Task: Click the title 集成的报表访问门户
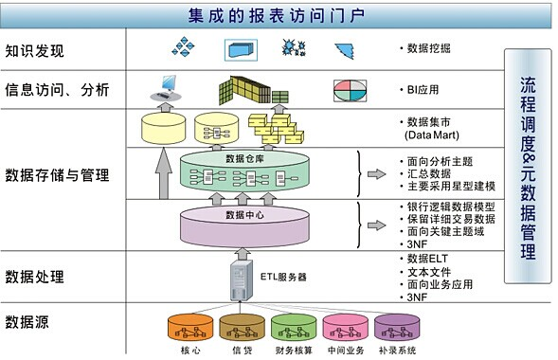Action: (x=278, y=14)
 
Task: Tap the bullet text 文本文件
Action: (x=428, y=272)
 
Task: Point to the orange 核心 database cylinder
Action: (x=189, y=328)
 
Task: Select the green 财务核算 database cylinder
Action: (x=292, y=328)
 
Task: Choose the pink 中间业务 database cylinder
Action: (x=344, y=328)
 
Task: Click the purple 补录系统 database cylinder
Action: (x=396, y=328)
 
